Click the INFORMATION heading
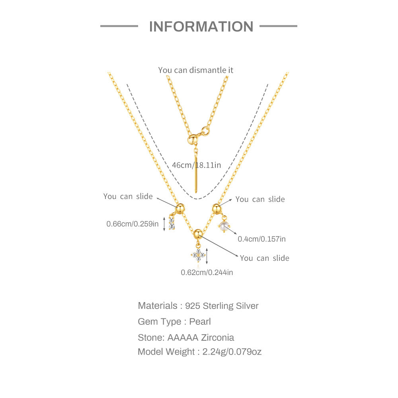pyautogui.click(x=201, y=26)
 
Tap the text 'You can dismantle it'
pyautogui.click(x=195, y=70)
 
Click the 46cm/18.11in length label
pyautogui.click(x=197, y=165)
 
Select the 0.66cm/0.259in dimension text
pyautogui.click(x=132, y=224)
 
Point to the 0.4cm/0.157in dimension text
pyautogui.click(x=262, y=239)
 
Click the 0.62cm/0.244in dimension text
pyautogui.click(x=207, y=272)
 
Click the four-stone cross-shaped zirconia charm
pyautogui.click(x=198, y=255)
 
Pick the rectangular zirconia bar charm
pyautogui.click(x=172, y=223)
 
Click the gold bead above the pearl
pyautogui.click(x=217, y=209)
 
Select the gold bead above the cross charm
pyautogui.click(x=198, y=234)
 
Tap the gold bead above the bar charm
pyautogui.click(x=180, y=208)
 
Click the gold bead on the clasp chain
pyautogui.click(x=192, y=139)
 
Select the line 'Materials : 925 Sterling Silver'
pyautogui.click(x=198, y=306)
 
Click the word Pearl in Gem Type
pyautogui.click(x=200, y=322)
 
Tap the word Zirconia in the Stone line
pyautogui.click(x=217, y=338)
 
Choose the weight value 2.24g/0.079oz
pyautogui.click(x=232, y=352)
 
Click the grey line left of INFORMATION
pyautogui.click(x=119, y=26)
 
